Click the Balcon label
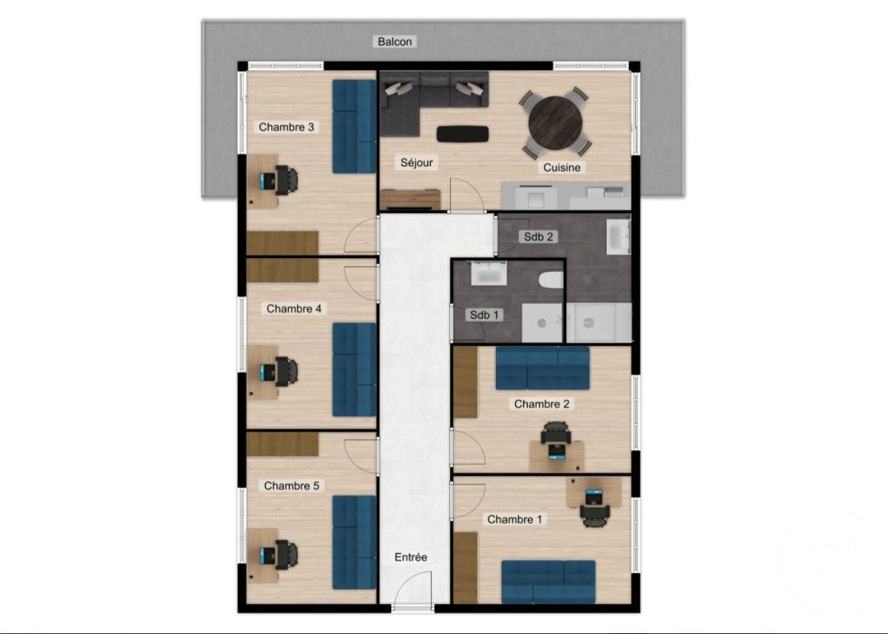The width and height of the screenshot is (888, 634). click(395, 41)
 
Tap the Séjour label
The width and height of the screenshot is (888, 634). click(416, 163)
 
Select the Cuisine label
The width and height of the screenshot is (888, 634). click(562, 167)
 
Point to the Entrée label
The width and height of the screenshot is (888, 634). click(410, 558)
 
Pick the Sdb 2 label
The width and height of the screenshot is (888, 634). click(539, 237)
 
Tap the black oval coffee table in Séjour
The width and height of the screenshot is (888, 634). click(462, 134)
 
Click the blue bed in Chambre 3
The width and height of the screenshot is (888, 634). click(354, 127)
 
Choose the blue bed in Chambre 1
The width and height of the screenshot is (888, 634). click(548, 581)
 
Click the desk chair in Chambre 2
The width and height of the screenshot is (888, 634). click(556, 435)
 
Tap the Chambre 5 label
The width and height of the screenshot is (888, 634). click(291, 486)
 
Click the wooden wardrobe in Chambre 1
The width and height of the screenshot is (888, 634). click(465, 568)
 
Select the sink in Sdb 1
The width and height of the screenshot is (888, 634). click(488, 273)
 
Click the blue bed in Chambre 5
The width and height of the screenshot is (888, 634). click(354, 543)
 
